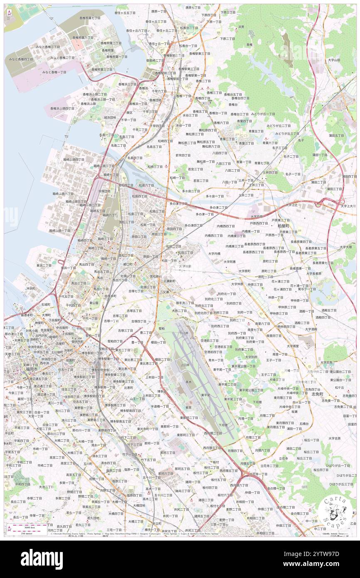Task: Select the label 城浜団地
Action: [x=110, y=117]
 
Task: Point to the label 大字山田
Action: [x=333, y=60]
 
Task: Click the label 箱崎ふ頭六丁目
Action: [x=63, y=194]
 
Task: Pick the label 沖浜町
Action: [x=30, y=288]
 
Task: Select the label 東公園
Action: [x=94, y=303]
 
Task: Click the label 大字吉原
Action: [x=334, y=438]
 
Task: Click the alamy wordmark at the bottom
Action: [x=42, y=558]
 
